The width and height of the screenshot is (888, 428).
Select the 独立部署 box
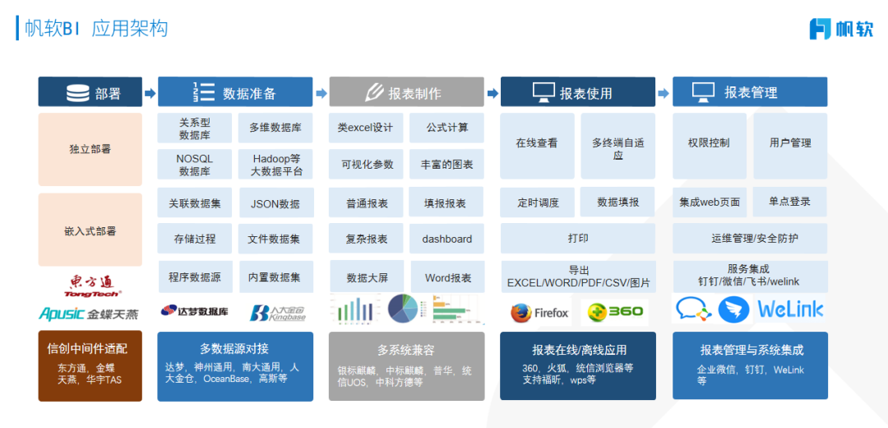click(90, 149)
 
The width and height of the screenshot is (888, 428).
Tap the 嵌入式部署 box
click(90, 231)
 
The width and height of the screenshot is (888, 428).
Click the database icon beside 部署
click(78, 93)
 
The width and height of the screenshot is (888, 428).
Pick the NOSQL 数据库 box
click(194, 165)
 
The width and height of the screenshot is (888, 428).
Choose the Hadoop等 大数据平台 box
click(276, 165)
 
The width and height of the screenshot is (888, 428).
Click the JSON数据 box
click(275, 203)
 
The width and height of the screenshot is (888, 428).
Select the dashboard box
click(447, 239)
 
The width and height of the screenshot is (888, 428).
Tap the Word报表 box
click(447, 277)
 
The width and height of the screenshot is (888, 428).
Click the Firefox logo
click(539, 313)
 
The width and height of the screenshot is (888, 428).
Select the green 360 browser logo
click(614, 313)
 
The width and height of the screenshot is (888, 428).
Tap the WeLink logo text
click(790, 309)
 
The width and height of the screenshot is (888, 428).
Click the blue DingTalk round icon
click(734, 309)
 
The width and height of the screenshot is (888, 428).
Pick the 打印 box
click(578, 239)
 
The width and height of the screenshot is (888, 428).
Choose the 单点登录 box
click(789, 201)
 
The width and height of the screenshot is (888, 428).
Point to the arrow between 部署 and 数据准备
click(150, 93)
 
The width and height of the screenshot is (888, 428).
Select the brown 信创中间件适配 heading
click(90, 348)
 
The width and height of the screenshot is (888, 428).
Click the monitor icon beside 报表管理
click(703, 92)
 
